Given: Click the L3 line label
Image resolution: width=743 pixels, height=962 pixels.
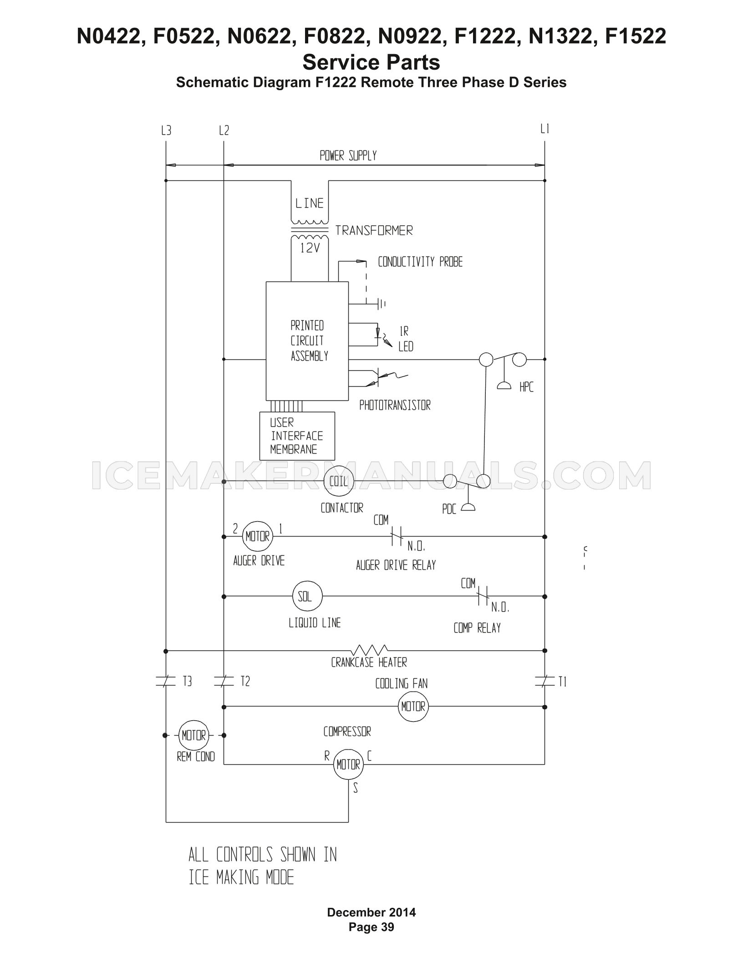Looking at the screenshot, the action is (166, 131).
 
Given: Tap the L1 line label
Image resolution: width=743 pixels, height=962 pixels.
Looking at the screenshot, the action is (545, 129).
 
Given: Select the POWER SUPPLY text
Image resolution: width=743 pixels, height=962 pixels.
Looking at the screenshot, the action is (348, 156).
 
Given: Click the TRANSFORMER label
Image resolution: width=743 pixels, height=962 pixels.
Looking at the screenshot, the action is (374, 230).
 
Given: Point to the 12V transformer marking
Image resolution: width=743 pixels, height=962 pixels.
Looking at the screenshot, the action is (310, 249).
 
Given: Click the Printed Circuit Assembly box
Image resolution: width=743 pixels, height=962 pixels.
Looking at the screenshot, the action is (307, 341).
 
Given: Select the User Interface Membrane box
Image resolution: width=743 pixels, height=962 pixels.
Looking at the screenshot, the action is (297, 436).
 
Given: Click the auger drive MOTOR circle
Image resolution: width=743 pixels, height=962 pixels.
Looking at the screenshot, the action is (258, 536).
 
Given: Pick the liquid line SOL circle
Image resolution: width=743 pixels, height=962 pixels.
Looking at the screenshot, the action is (307, 596).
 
